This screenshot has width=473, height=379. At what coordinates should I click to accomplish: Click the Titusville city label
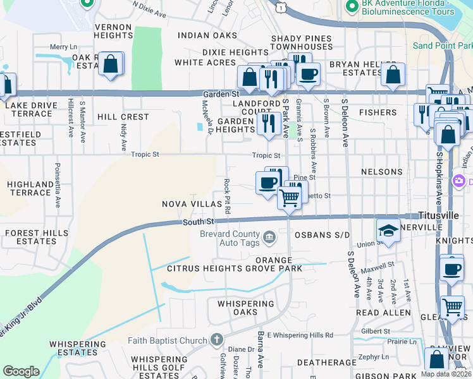[438, 215]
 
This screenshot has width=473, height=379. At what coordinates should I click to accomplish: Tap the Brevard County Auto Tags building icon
[269, 238]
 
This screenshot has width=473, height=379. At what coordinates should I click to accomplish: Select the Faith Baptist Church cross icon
[216, 340]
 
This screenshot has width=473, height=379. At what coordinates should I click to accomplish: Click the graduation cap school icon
[388, 231]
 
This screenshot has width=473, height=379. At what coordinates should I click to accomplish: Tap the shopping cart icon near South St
[290, 197]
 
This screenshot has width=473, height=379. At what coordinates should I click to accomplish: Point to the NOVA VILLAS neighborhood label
[192, 204]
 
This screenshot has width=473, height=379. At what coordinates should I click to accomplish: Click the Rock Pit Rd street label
[227, 195]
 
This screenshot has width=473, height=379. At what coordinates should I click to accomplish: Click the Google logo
[21, 371]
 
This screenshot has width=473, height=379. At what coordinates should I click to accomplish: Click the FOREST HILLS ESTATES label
[31, 238]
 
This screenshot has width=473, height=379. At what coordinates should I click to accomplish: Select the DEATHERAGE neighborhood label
[322, 362]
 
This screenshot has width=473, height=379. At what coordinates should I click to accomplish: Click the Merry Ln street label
[63, 47]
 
